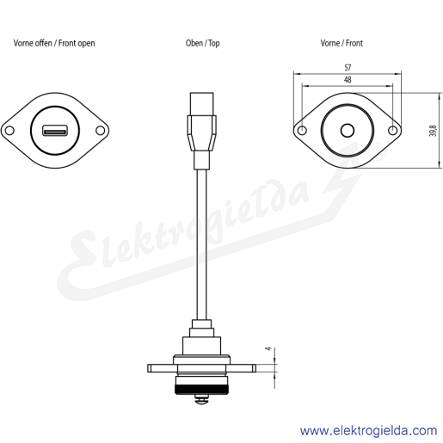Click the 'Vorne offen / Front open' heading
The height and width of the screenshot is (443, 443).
54,43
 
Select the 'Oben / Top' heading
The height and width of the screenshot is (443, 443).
203,43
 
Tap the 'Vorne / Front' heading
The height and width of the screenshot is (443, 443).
341,43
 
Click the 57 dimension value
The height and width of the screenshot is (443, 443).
348,68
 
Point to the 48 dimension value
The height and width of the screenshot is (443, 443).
348,80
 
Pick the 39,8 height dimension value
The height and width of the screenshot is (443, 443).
433,131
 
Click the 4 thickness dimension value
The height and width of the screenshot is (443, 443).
268,348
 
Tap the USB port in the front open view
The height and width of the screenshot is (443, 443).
55,131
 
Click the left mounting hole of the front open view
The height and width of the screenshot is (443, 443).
9,131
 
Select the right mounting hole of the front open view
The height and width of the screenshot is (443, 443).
100,131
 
